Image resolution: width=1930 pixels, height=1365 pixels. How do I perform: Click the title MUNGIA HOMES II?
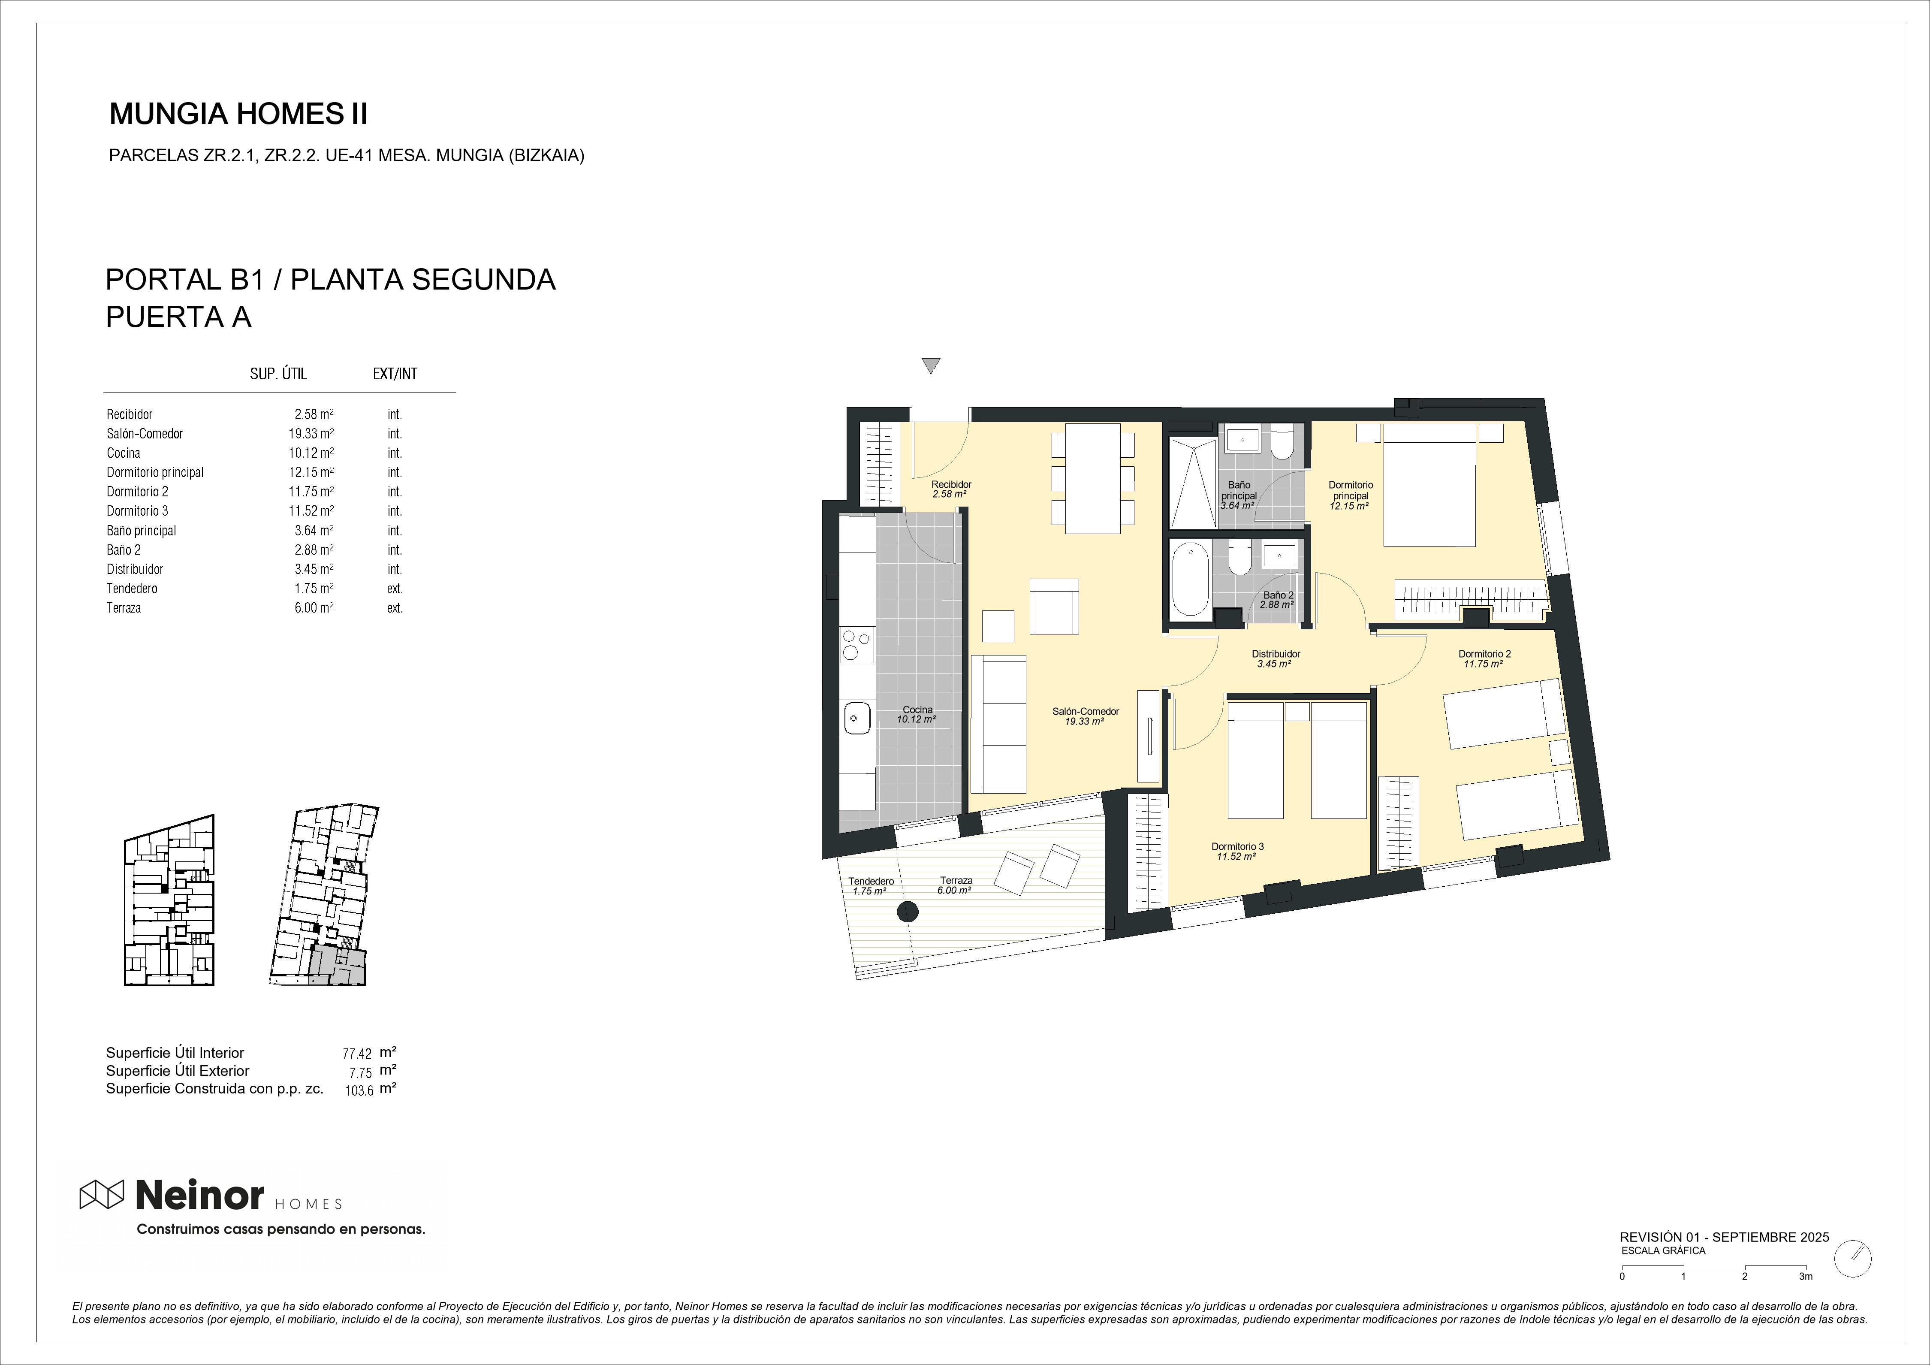pyautogui.click(x=239, y=114)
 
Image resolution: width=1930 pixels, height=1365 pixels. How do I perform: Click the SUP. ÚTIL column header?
pyautogui.click(x=278, y=374)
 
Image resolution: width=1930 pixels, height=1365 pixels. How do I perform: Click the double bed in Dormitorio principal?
pyautogui.click(x=1429, y=485)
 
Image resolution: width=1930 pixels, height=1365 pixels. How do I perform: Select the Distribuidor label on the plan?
pyautogui.click(x=1275, y=654)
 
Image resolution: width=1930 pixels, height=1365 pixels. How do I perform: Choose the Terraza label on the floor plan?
pyautogui.click(x=956, y=880)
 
